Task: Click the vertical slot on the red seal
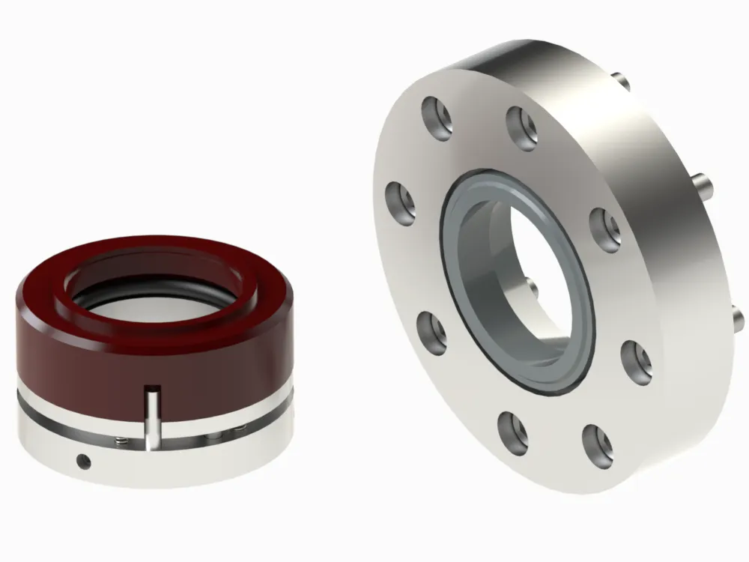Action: coord(154,420)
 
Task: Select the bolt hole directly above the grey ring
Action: coord(521,124)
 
